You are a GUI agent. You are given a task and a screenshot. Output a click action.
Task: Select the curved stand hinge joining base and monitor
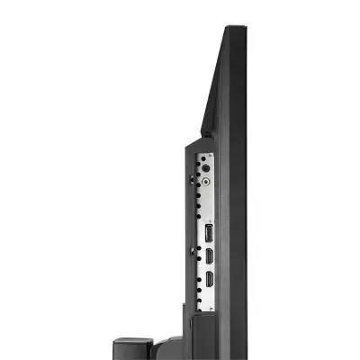171,346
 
